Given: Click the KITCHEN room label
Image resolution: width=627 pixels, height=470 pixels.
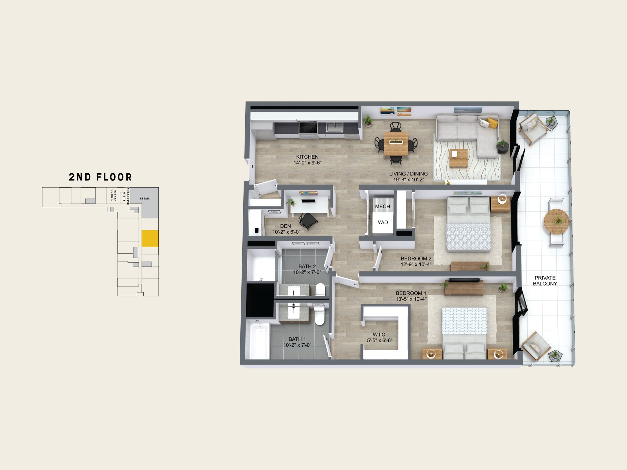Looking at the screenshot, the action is click(x=307, y=157).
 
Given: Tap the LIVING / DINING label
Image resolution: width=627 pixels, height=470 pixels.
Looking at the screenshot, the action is click(x=409, y=174).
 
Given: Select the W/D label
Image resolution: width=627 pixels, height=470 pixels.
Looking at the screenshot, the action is click(x=383, y=223).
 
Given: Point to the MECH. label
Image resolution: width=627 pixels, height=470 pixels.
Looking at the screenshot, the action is click(x=383, y=207).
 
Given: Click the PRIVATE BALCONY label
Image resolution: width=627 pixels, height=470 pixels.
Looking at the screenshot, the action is click(x=545, y=281).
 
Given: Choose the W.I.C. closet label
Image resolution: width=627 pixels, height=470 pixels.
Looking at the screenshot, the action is click(x=380, y=335).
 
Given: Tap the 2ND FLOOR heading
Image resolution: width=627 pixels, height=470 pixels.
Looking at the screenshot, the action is click(x=100, y=177).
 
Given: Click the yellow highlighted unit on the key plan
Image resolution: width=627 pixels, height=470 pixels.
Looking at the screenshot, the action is click(x=150, y=238).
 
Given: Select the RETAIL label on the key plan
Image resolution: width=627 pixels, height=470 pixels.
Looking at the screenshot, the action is click(x=145, y=198).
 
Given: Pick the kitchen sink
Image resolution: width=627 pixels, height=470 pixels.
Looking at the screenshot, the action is click(x=335, y=127).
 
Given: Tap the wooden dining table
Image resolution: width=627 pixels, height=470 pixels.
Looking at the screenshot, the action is click(x=396, y=143).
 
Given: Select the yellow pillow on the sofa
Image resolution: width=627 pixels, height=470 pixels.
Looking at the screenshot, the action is click(x=492, y=123).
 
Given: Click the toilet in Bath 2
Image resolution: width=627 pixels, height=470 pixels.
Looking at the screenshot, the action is click(x=320, y=290).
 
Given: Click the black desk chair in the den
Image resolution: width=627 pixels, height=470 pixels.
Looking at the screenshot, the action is click(x=308, y=221).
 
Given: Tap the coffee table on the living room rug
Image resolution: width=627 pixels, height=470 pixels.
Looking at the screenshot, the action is click(x=458, y=158).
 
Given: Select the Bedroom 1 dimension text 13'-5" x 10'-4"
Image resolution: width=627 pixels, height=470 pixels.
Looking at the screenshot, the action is click(x=411, y=299).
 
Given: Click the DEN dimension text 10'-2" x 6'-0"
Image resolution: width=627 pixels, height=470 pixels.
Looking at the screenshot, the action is click(x=286, y=232).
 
